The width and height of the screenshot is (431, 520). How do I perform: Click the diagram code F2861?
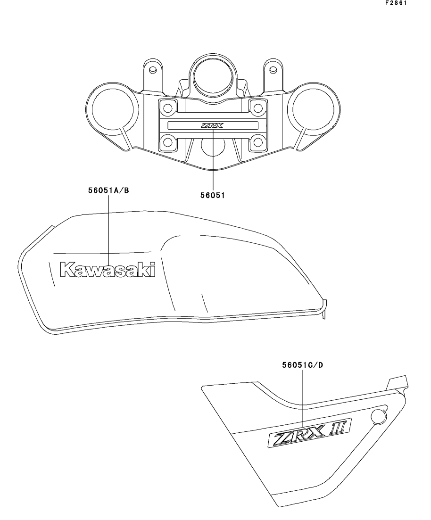pos(396,3)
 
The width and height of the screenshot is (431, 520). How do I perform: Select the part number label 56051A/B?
pos(108,190)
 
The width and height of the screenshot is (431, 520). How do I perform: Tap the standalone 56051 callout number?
pos(213,195)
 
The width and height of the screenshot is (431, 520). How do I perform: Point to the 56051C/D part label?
pos(303,365)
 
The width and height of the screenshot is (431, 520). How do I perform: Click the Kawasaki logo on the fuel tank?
pos(108,270)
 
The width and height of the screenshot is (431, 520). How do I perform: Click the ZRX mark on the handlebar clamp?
pos(212,125)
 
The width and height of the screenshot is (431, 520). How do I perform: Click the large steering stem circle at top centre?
pos(212,77)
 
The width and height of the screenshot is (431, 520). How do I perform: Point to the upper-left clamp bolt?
pos(168,108)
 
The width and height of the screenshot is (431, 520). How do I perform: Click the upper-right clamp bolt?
pos(258,108)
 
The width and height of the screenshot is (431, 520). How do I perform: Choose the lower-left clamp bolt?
pos(168,142)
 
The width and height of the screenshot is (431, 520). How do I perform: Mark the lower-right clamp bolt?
pos(258,142)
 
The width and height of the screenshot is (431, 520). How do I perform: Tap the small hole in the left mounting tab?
pos(153,70)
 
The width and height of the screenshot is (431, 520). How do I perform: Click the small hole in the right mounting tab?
pos(273,70)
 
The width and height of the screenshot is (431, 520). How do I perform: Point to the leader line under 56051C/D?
pos(303,398)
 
